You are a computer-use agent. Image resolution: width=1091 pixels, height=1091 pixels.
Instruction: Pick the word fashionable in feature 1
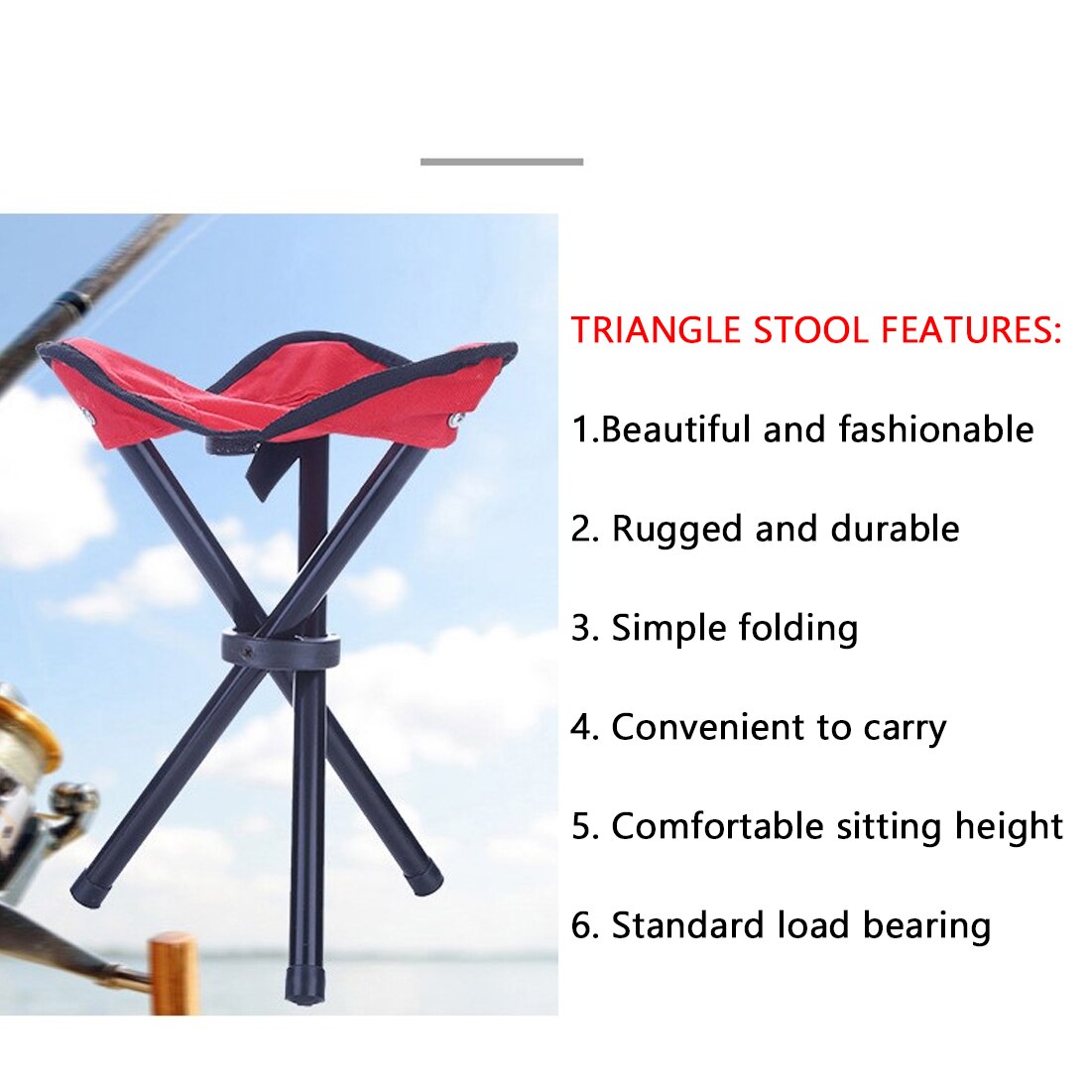click(935, 429)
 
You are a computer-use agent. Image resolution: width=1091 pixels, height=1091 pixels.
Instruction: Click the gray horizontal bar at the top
click(501, 161)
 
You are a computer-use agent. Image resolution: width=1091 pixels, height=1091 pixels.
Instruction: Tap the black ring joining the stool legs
click(281, 650)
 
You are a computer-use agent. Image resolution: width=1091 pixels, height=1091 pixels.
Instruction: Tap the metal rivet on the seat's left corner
click(87, 415)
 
